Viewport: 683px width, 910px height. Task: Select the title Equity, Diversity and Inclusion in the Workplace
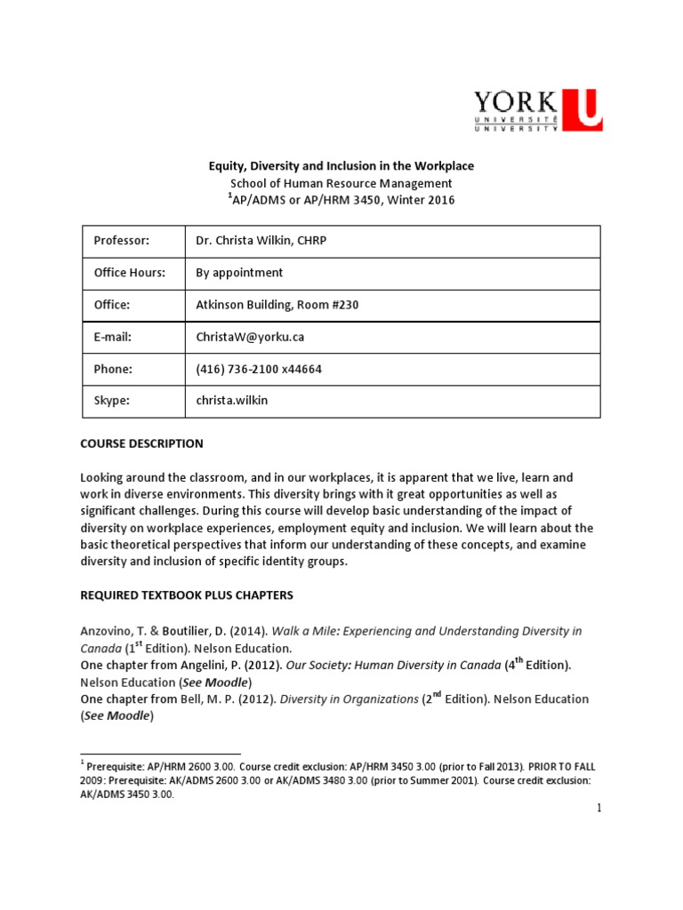point(341,166)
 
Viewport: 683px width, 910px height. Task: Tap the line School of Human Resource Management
point(341,183)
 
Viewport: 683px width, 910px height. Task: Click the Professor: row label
point(122,241)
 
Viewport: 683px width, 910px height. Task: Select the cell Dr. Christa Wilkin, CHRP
point(262,241)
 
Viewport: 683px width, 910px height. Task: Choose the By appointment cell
point(239,273)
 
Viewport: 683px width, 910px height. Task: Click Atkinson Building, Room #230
point(277,305)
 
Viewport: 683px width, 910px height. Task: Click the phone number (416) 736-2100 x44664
point(259,369)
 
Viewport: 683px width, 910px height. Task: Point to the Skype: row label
point(112,401)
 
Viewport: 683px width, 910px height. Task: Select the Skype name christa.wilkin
point(231,401)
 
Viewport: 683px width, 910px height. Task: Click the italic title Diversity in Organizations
point(349,699)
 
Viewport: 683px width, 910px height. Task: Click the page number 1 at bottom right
point(599,808)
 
